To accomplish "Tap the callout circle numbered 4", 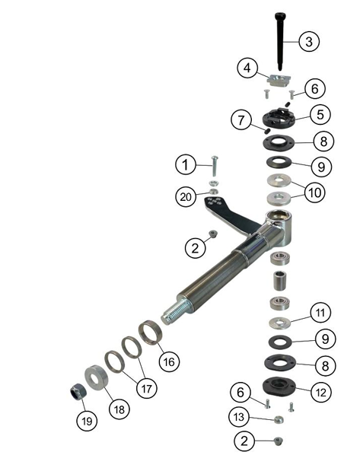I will pyautogui.click(x=245, y=68).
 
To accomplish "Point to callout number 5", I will pyautogui.click(x=320, y=115).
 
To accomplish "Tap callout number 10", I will pyautogui.click(x=316, y=192).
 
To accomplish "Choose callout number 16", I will pyautogui.click(x=168, y=361).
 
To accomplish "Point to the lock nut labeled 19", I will pyautogui.click(x=76, y=390).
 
